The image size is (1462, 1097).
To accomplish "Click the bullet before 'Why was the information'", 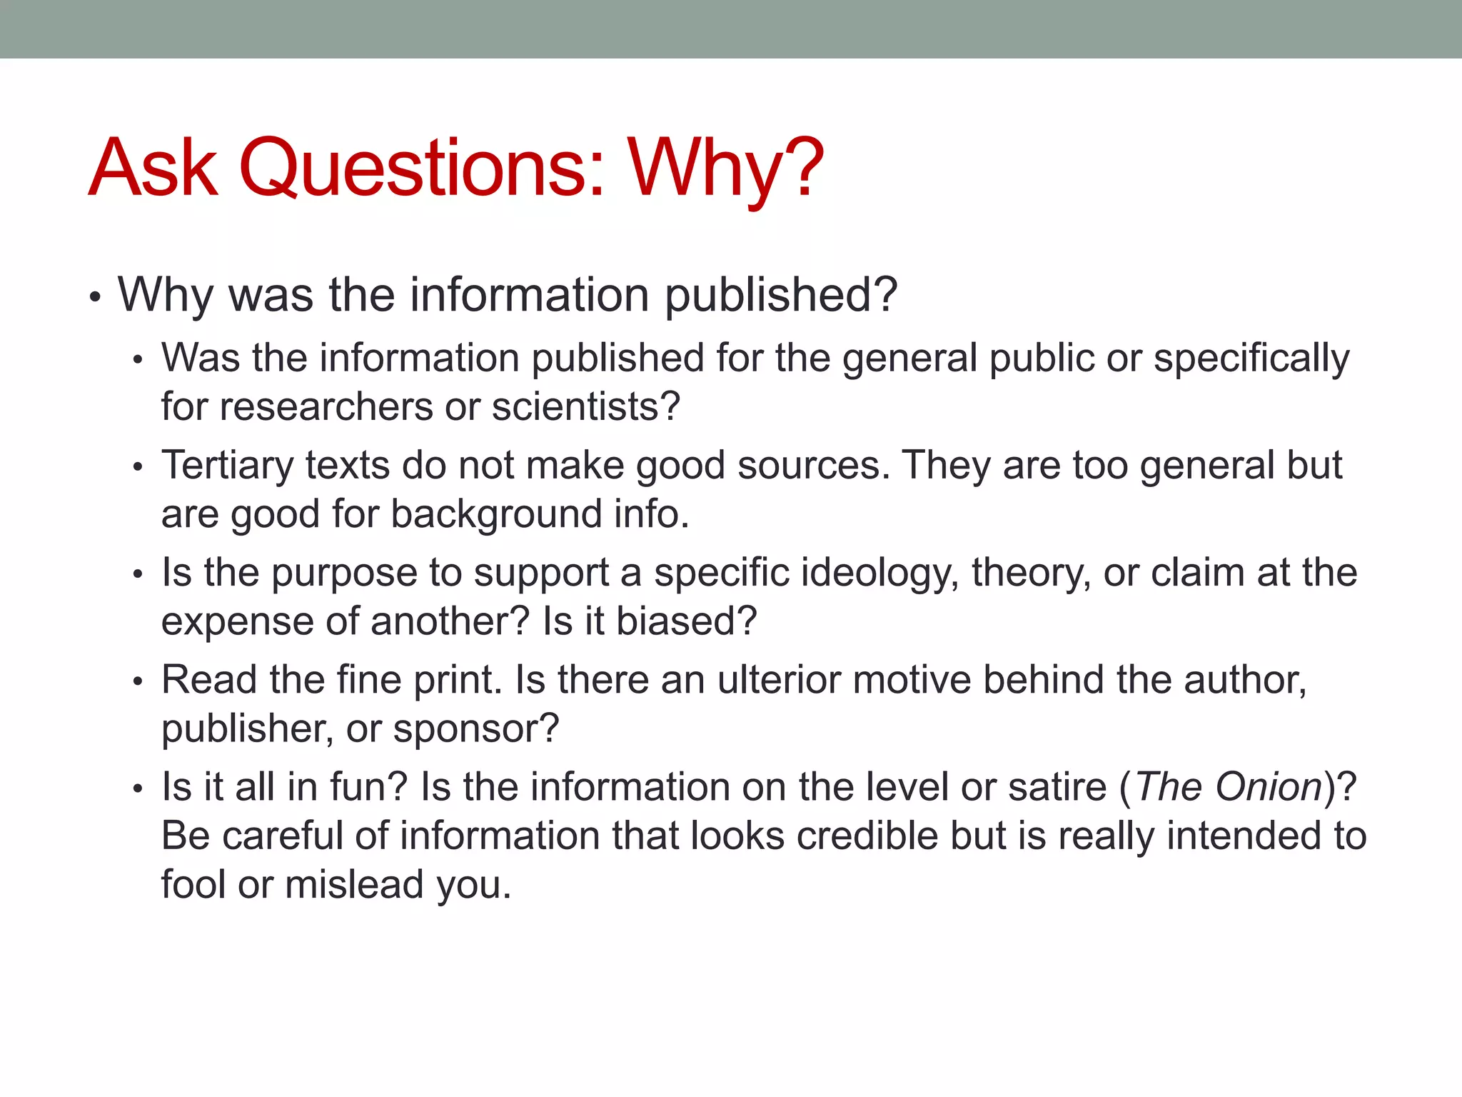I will [x=95, y=296].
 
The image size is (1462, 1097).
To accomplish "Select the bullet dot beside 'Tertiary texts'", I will [x=138, y=468].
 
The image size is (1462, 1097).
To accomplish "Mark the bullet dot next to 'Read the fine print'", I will [x=138, y=682].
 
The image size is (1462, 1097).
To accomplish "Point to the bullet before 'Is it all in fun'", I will [x=138, y=789].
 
